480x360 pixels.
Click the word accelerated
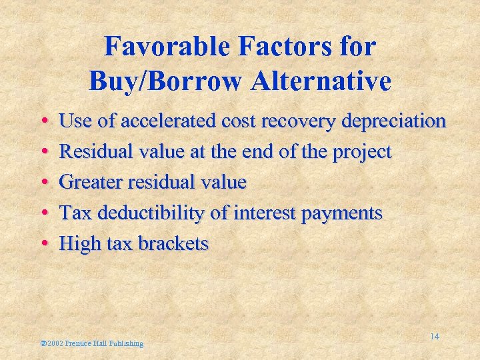[168, 121]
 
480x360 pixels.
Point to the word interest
[253, 213]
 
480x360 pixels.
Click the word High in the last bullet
[78, 243]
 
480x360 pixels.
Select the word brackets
[173, 243]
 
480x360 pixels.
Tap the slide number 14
[434, 337]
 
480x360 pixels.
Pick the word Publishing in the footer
[126, 343]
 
